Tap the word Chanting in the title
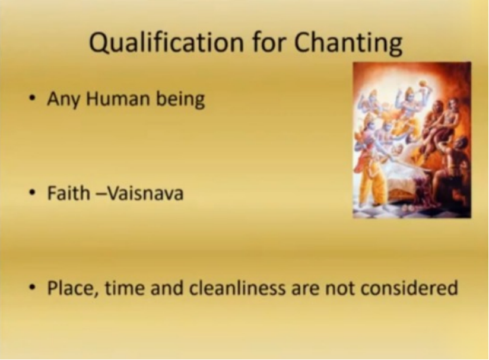(x=348, y=43)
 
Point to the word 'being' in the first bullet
(x=180, y=100)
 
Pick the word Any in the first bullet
(x=63, y=100)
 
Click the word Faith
(x=68, y=193)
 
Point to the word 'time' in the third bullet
(x=125, y=288)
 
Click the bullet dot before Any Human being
(x=31, y=98)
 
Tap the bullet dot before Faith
(x=31, y=193)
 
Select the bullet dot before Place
(x=31, y=288)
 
